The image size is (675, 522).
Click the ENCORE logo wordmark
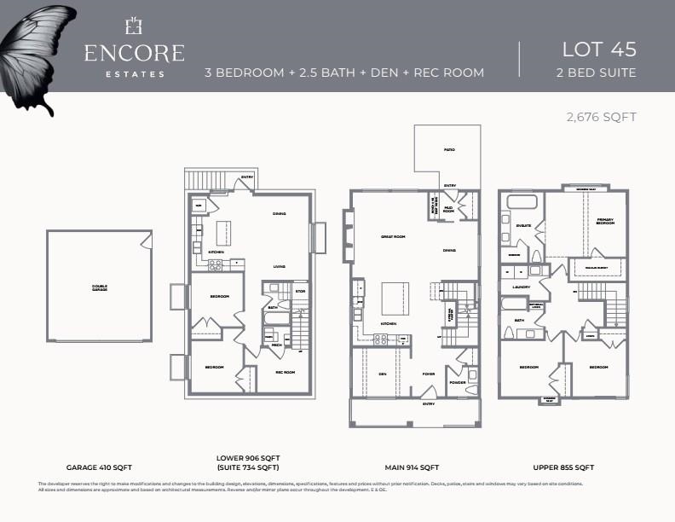click(134, 53)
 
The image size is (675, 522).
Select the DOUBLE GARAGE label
click(101, 288)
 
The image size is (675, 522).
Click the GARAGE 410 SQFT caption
click(101, 467)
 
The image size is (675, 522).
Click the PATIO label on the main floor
click(448, 150)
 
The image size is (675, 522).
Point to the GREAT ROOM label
click(392, 236)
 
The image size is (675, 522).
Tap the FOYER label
click(429, 374)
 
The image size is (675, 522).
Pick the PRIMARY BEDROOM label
click(604, 222)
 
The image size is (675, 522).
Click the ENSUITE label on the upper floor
click(523, 226)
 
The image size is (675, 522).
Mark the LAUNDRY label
click(522, 287)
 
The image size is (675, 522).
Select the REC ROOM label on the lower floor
click(285, 372)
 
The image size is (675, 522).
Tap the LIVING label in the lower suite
click(279, 267)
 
